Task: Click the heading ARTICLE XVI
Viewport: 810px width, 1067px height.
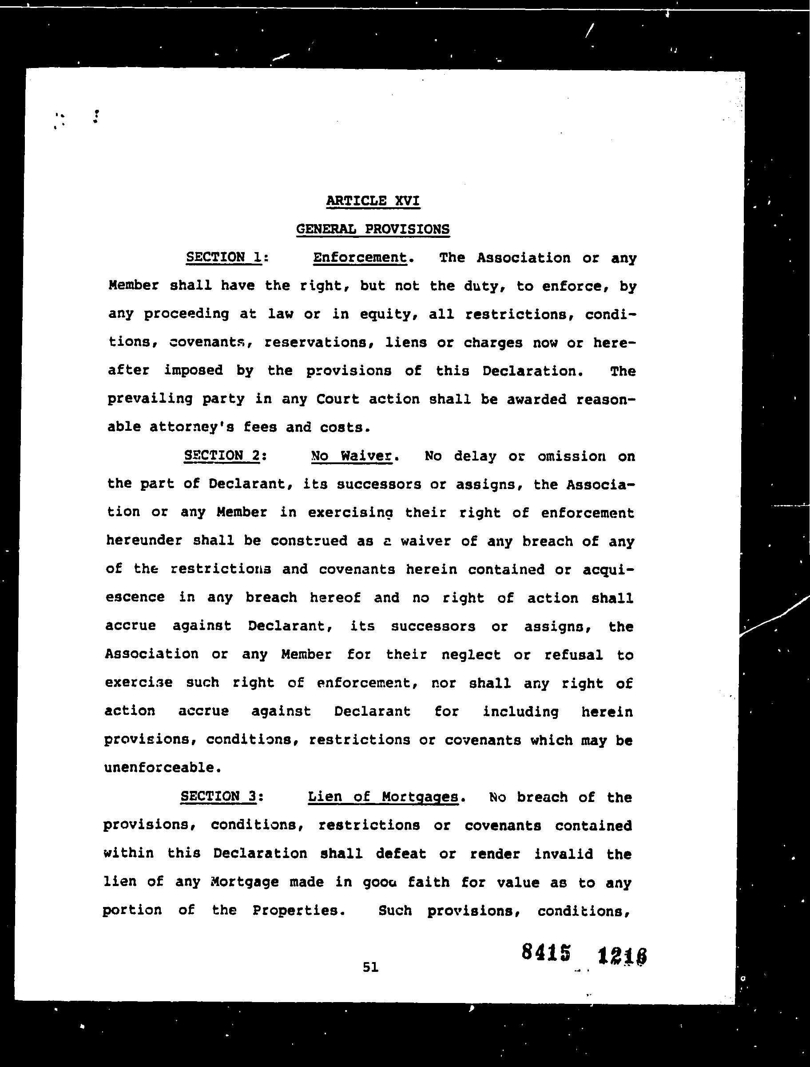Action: (373, 200)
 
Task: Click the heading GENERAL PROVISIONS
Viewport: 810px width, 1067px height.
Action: (373, 229)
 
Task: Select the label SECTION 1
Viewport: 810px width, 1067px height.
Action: (224, 257)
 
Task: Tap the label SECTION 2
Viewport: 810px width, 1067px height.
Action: (222, 456)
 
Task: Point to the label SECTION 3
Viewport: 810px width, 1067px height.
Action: (219, 796)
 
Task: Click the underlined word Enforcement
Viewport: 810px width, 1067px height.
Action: (360, 258)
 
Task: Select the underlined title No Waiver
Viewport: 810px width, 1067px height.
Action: (351, 456)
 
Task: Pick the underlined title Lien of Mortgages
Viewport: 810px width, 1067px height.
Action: (383, 797)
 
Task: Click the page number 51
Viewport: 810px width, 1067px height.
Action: (370, 967)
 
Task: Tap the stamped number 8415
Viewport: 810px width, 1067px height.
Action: (546, 953)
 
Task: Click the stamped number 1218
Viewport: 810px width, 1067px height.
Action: (622, 956)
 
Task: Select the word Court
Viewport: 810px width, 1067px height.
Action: (338, 399)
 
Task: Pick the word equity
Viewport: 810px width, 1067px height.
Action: (384, 314)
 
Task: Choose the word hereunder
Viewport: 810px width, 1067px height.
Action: (144, 541)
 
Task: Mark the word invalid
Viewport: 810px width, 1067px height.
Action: (563, 854)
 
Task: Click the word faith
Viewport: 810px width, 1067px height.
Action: (429, 882)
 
